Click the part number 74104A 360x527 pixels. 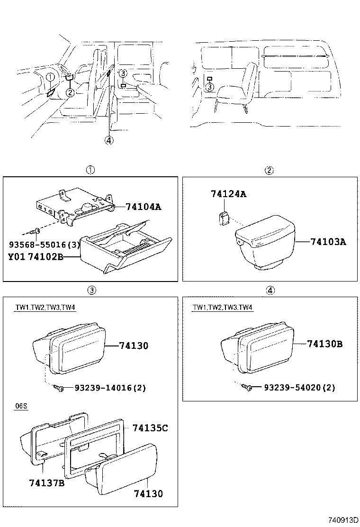(144, 207)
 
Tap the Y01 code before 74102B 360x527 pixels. (16, 257)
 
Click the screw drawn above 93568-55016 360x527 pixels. (36, 232)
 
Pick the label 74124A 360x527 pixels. (229, 194)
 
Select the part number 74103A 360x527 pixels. (328, 242)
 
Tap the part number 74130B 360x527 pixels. (324, 344)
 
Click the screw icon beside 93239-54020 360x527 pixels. (246, 387)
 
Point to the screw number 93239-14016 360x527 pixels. (104, 388)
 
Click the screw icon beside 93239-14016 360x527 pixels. (60, 388)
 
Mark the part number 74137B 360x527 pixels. (46, 483)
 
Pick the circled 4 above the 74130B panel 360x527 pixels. (270, 291)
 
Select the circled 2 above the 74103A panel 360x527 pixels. (269, 171)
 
